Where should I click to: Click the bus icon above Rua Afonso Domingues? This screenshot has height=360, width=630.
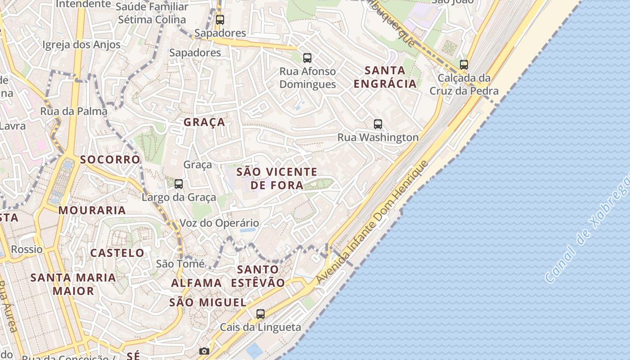pos(307,58)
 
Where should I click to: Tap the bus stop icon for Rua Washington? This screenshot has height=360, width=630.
pos(378,124)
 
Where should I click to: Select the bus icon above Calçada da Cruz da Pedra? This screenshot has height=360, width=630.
pos(464,64)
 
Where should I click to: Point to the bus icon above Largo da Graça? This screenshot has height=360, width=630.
pos(179,184)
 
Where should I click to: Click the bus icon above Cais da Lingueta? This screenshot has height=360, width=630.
pos(261,314)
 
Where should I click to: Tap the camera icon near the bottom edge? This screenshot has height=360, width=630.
pos(204,351)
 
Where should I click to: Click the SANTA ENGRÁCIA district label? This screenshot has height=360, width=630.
pos(385,77)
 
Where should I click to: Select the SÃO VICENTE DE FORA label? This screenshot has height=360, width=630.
pos(277,178)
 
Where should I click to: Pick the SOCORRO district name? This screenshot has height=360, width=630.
pos(110,160)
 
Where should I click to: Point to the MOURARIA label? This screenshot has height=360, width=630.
pos(92,210)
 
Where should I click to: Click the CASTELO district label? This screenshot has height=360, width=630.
pos(117,253)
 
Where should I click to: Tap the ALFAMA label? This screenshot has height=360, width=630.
pos(197,283)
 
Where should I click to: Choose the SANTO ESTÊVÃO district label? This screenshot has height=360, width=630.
pos(258,276)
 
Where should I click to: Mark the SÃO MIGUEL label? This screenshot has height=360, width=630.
pos(208,302)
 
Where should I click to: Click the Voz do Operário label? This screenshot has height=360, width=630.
pos(219,223)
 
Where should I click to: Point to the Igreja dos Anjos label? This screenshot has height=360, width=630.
pos(81,45)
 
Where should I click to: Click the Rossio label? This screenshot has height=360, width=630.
pos(27,249)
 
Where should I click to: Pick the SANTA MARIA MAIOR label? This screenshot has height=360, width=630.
pos(73,284)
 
